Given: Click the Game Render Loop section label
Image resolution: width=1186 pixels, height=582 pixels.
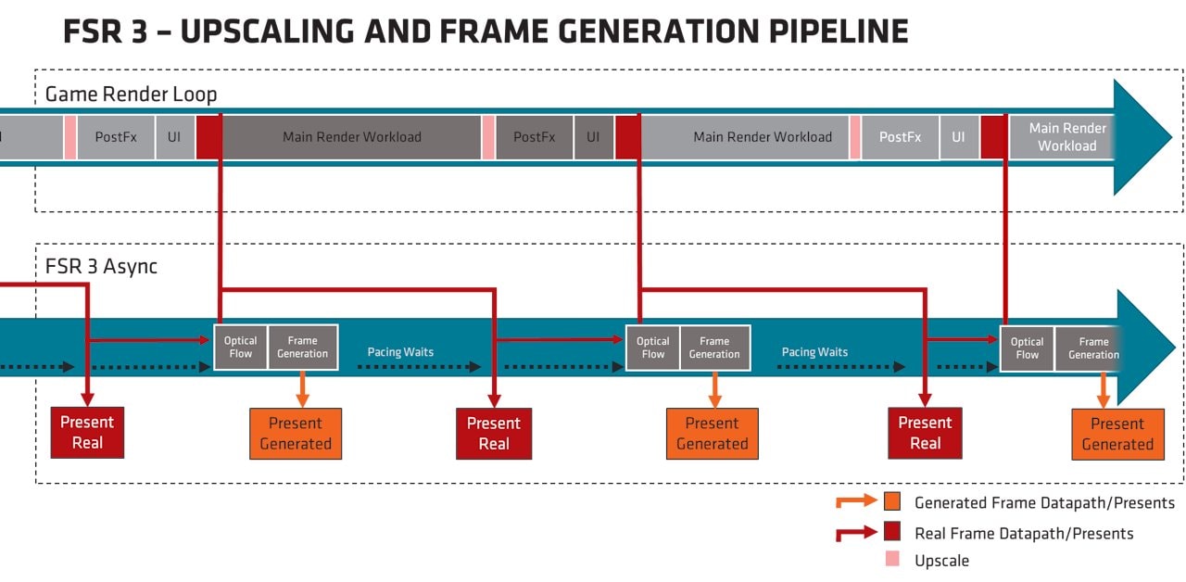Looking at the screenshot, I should pyautogui.click(x=131, y=94).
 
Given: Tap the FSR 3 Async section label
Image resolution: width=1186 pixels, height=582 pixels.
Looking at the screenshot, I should pyautogui.click(x=101, y=266).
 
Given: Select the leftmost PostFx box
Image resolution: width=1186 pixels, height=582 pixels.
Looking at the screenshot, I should pyautogui.click(x=116, y=137).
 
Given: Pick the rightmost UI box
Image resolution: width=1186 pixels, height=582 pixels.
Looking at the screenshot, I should pyautogui.click(x=958, y=137).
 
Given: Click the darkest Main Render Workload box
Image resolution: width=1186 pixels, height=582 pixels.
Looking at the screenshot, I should pyautogui.click(x=351, y=137).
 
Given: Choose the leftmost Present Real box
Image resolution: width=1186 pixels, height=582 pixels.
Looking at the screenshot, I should pyautogui.click(x=87, y=433).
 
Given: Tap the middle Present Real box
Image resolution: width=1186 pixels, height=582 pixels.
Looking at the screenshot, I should pyautogui.click(x=494, y=433).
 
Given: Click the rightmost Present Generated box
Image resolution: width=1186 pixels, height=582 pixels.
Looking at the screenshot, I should pyautogui.click(x=1117, y=434).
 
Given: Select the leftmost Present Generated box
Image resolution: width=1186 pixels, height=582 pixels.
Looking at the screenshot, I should pyautogui.click(x=296, y=434).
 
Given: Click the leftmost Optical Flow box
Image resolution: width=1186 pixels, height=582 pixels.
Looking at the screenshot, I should pyautogui.click(x=241, y=348).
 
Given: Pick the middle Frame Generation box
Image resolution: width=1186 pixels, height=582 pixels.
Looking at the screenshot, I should pyautogui.click(x=714, y=348).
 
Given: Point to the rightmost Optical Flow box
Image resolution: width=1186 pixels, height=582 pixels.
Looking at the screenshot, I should pyautogui.click(x=1027, y=348).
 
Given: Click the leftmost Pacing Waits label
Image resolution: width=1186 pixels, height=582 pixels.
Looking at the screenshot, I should pyautogui.click(x=400, y=352).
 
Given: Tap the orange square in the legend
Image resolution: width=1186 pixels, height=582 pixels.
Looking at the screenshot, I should pyautogui.click(x=891, y=501).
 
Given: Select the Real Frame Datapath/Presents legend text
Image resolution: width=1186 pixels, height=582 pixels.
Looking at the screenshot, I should pyautogui.click(x=1023, y=533).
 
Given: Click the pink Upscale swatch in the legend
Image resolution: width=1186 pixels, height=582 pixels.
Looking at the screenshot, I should pyautogui.click(x=892, y=559).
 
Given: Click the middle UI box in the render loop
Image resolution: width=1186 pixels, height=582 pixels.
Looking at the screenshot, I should pyautogui.click(x=593, y=137).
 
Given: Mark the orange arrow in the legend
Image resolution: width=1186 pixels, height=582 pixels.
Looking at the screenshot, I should pyautogui.click(x=855, y=501).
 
